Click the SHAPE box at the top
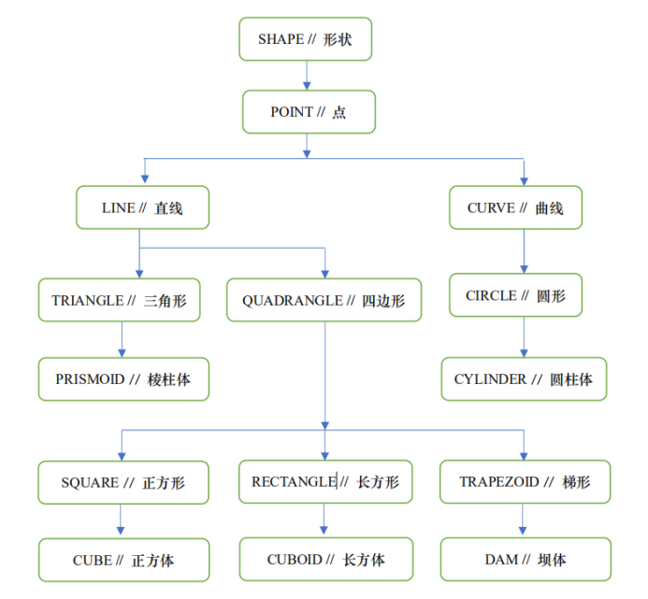tap(305, 39)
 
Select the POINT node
tap(308, 112)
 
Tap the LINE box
tap(142, 207)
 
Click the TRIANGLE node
tap(119, 300)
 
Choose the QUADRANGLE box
tap(323, 300)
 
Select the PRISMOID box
tap(122, 379)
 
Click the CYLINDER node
tap(523, 379)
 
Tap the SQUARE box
tap(122, 483)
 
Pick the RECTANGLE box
tap(324, 482)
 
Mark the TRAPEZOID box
tap(525, 482)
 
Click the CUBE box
tap(122, 561)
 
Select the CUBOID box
tap(325, 560)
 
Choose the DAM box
tap(525, 560)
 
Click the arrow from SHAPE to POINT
tap(307, 76)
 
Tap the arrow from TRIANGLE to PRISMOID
tap(122, 339)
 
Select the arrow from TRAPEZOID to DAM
tap(524, 521)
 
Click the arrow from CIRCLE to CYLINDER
tap(523, 337)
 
